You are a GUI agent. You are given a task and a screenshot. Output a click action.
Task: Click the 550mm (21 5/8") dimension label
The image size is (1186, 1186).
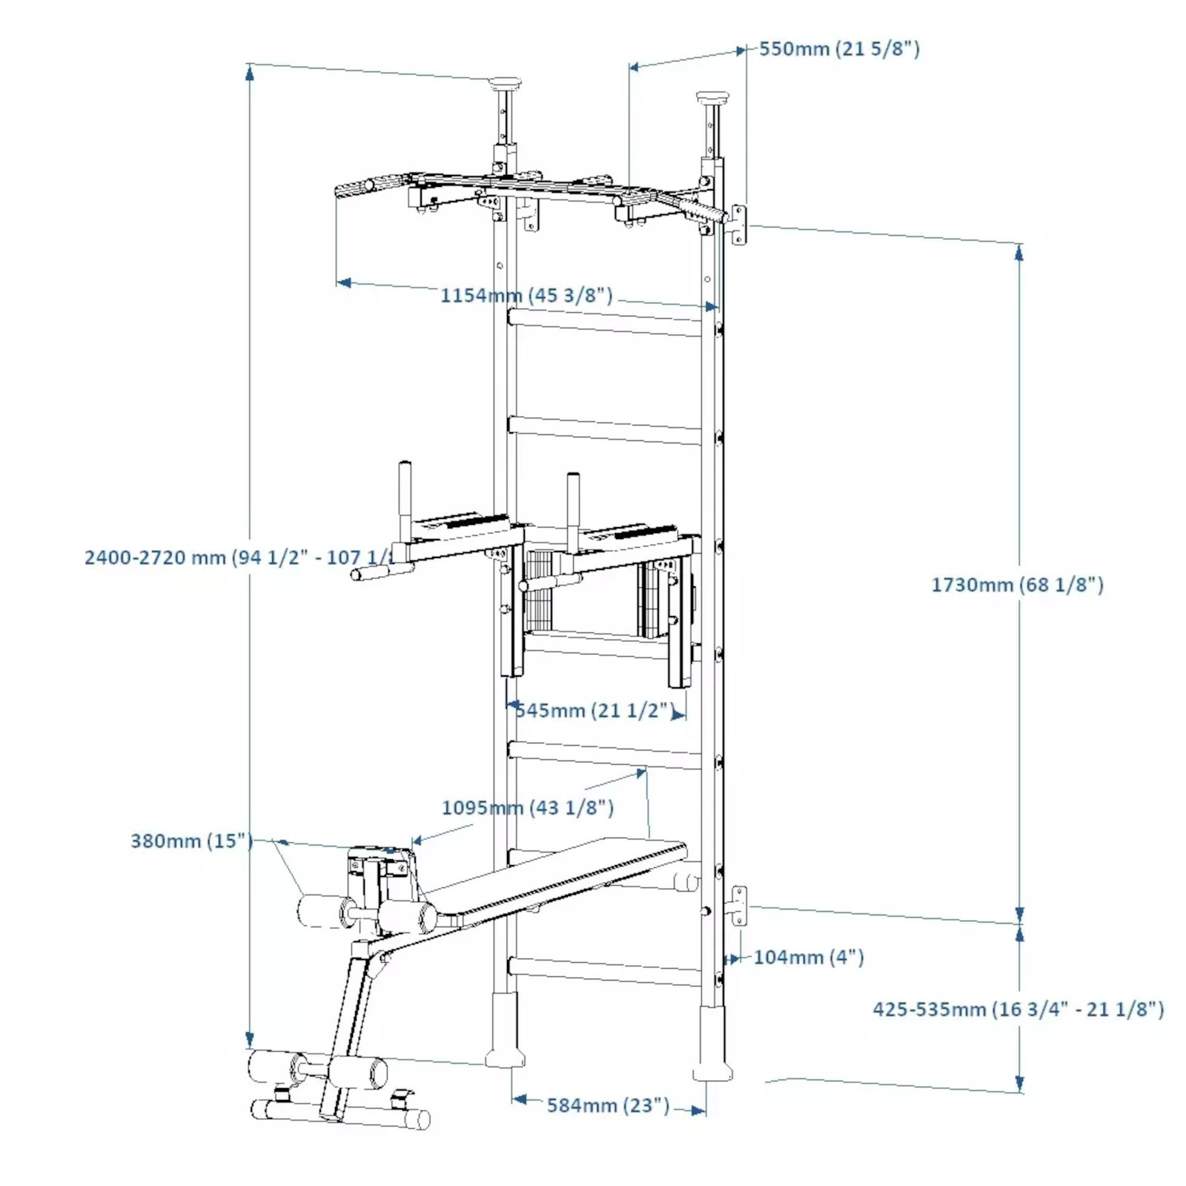coord(839,49)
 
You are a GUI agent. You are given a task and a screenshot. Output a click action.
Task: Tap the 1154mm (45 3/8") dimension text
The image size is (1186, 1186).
coord(526,295)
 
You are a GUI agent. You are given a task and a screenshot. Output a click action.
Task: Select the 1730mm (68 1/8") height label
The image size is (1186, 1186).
coord(1017,585)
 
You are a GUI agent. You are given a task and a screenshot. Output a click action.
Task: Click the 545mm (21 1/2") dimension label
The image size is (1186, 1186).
coord(593,710)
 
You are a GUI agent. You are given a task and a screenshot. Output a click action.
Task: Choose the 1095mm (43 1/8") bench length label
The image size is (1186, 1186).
coord(528,807)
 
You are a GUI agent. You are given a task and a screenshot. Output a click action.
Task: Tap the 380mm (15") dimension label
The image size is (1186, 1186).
coord(191,841)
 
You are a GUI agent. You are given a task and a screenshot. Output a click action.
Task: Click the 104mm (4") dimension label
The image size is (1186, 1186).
coord(808,957)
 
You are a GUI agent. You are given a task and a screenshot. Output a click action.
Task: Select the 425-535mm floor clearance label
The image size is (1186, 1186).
coord(1018,1009)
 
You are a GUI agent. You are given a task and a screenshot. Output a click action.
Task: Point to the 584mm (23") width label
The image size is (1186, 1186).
coord(608,1105)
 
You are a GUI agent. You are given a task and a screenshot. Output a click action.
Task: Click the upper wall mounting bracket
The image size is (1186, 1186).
coord(739,225)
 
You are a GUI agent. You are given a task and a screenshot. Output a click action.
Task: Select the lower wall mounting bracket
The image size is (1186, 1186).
coord(739,905)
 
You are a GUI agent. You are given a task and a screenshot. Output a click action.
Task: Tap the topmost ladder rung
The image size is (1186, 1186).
coord(604,322)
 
